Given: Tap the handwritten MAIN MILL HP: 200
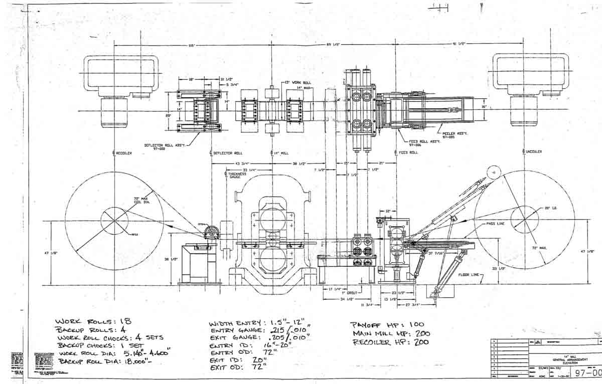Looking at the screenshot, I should (391, 333).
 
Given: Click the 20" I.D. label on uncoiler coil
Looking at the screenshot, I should (550, 208).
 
